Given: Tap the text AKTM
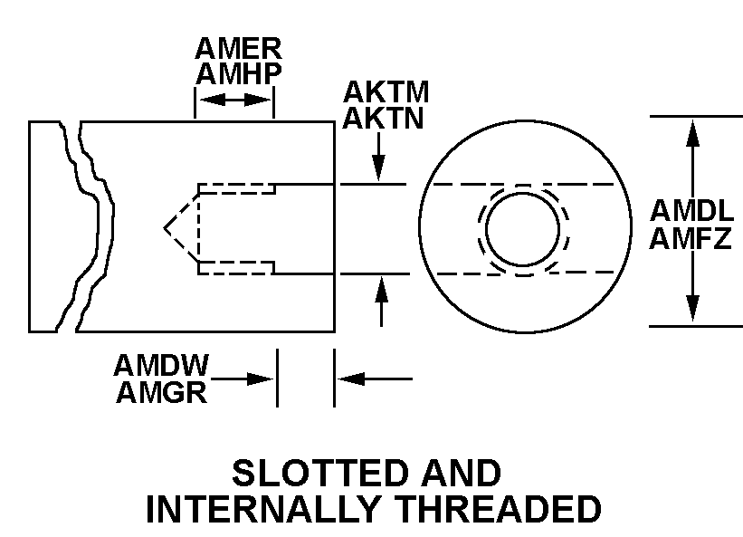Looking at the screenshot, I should coord(386,92).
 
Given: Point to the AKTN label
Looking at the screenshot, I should coord(384,118).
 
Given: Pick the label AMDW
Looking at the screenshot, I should coord(161,365).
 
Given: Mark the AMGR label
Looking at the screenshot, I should coord(161,392).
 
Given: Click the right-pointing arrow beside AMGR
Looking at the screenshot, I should coord(244,379).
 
